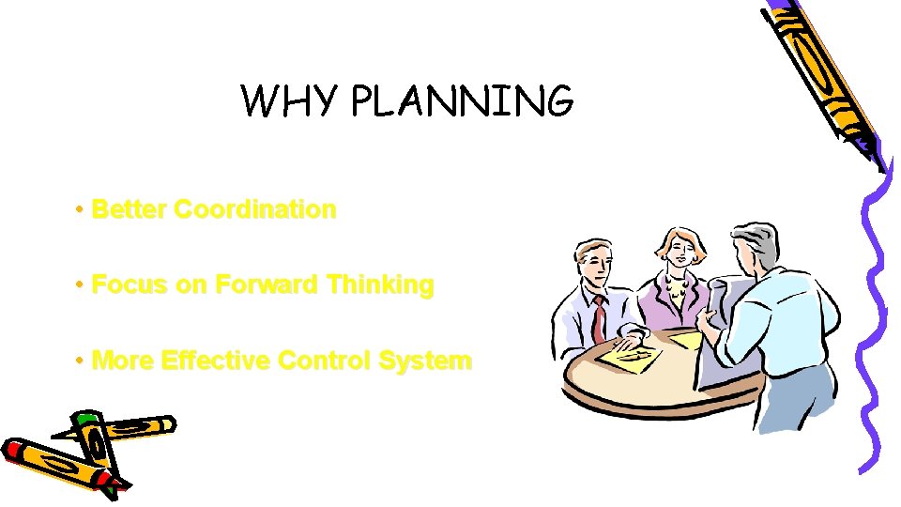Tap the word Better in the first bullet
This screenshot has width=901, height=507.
point(130,209)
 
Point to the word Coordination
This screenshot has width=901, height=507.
point(255,209)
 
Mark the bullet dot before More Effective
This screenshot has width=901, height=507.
point(83,361)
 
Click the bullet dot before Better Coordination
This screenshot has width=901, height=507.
point(83,209)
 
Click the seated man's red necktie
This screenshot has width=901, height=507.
point(598,319)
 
